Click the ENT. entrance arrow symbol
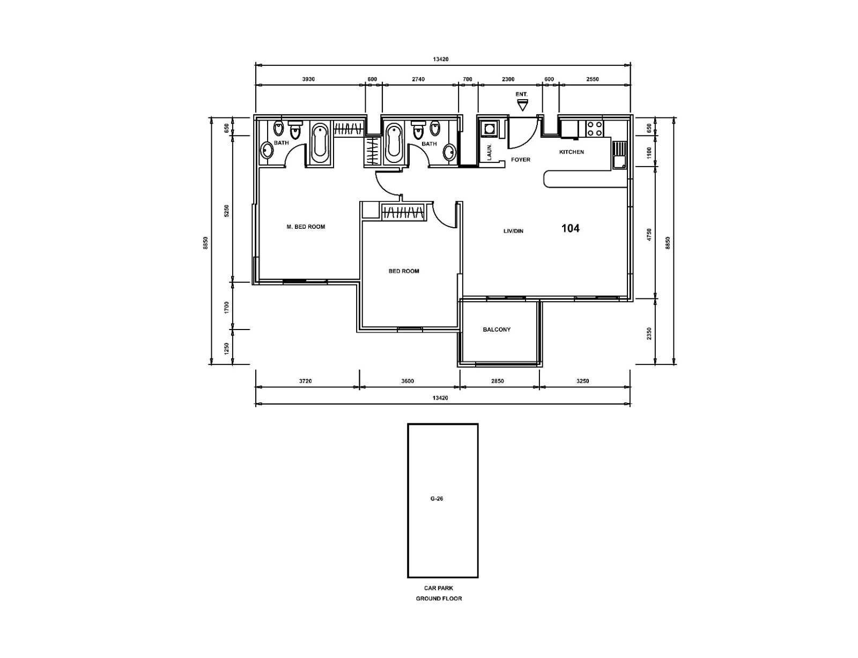[x=522, y=106]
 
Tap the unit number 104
[x=570, y=228]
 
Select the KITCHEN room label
[x=571, y=152]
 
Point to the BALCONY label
[x=497, y=330]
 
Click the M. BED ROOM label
[x=306, y=227]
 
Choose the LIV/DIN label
[x=513, y=231]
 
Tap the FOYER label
[x=520, y=160]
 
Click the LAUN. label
[x=489, y=152]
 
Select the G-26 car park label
[x=437, y=499]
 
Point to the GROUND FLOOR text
[x=439, y=599]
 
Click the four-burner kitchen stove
[x=595, y=128]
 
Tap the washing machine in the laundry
[x=490, y=129]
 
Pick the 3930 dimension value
[x=308, y=79]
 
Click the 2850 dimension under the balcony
[x=498, y=381]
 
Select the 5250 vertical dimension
[x=226, y=211]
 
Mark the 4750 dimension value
[x=649, y=235]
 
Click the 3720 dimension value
[x=305, y=381]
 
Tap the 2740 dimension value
[x=418, y=79]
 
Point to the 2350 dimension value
[x=649, y=334]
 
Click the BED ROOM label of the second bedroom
[x=404, y=271]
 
